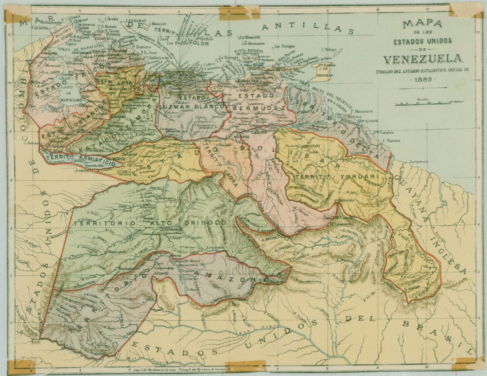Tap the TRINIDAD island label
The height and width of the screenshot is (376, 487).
[326, 75]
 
